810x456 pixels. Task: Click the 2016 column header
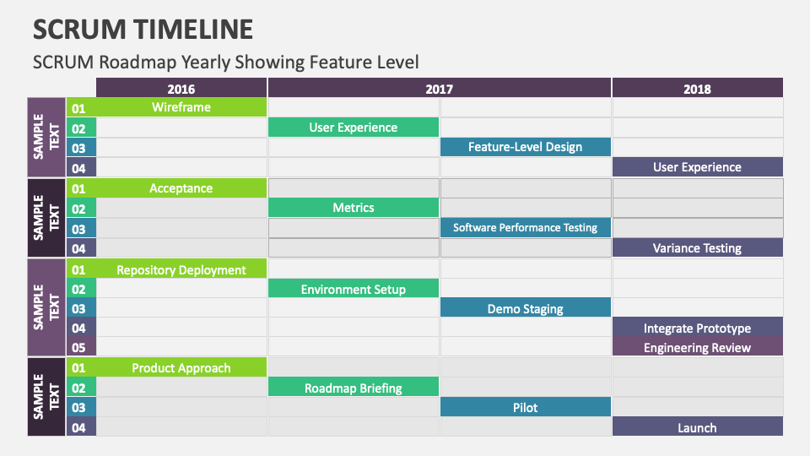(181, 89)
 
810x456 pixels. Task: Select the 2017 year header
(439, 89)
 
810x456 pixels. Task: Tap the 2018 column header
(697, 89)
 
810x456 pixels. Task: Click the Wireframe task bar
(181, 107)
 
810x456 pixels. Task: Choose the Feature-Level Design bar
(525, 147)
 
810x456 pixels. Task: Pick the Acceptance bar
(181, 188)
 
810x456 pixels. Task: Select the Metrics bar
(354, 208)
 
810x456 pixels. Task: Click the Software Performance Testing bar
(525, 228)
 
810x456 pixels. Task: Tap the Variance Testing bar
(697, 248)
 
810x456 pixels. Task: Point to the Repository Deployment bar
(181, 270)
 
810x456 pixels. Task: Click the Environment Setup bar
(354, 290)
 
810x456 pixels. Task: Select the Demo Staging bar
(525, 309)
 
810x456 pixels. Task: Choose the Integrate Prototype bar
(697, 328)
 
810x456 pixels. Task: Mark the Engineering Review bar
(697, 348)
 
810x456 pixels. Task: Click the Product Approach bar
(181, 368)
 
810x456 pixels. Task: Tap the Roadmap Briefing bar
(354, 388)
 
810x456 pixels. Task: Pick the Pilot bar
(525, 408)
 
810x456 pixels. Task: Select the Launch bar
(697, 428)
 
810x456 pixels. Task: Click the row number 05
(79, 348)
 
